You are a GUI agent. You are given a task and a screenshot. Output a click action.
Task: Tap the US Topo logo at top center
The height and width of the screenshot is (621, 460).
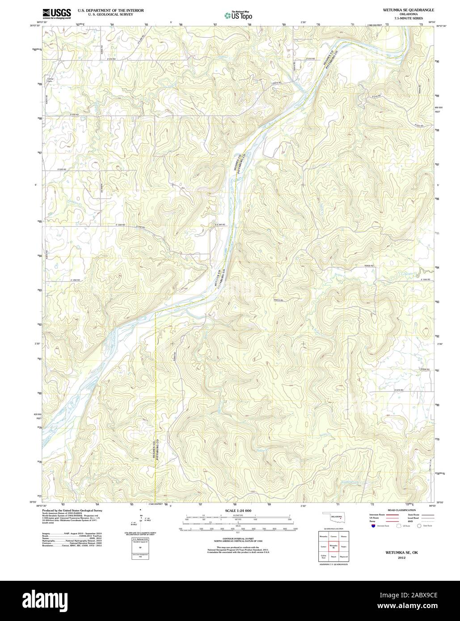(x=238, y=15)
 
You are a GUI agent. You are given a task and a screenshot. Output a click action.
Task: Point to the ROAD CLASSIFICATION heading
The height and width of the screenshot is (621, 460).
(x=401, y=510)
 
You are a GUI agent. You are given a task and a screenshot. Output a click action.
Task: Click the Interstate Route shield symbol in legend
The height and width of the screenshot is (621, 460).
(x=372, y=526)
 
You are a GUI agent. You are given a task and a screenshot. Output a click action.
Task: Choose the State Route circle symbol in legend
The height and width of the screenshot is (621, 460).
(x=419, y=526)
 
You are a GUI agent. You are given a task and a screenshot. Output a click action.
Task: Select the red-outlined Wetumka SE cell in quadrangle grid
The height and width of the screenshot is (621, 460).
(x=332, y=546)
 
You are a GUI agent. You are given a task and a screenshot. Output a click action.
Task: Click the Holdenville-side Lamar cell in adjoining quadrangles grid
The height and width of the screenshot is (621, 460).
(x=322, y=546)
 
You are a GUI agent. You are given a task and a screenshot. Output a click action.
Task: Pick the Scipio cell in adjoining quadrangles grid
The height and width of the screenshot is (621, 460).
(x=343, y=546)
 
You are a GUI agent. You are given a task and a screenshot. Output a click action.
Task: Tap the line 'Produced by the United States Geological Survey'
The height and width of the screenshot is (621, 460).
(x=72, y=510)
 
